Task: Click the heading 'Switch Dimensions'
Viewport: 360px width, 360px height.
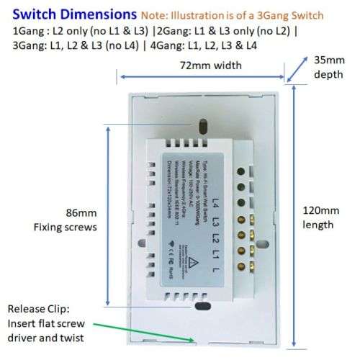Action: click(64, 14)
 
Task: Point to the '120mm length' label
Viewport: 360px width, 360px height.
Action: click(319, 217)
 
